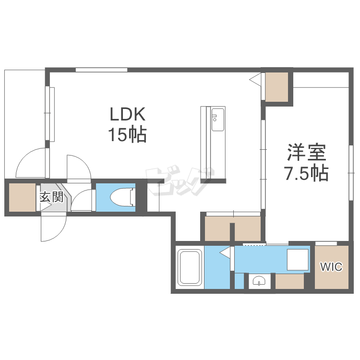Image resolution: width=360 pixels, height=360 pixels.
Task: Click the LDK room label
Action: pos(128,114)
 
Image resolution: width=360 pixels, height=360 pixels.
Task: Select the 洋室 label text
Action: pos(307,152)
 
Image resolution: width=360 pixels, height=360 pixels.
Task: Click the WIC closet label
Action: pos(331,267)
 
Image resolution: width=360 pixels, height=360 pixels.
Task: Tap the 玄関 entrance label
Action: pos(52,197)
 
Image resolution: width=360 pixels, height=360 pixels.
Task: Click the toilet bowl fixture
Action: pos(122,197)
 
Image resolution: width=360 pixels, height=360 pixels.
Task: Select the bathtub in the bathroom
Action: pos(190,267)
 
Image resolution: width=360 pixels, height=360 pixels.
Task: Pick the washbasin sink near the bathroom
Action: pos(259,281)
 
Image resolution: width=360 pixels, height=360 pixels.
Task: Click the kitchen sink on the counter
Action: pos(217,120)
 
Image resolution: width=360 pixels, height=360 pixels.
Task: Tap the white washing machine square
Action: pos(298,260)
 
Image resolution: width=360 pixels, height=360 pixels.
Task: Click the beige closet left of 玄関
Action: pos(22,197)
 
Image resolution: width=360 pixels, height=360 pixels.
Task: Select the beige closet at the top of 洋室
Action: pos(276,87)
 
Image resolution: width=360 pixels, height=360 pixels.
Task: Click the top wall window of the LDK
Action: pos(101,70)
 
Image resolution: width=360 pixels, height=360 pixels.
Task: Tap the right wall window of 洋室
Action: pos(351,173)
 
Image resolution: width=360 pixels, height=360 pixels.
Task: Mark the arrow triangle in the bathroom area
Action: pos(225,252)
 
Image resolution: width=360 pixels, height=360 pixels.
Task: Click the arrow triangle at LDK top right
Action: pos(255,79)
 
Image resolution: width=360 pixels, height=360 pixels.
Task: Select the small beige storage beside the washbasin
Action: pos(289,281)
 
